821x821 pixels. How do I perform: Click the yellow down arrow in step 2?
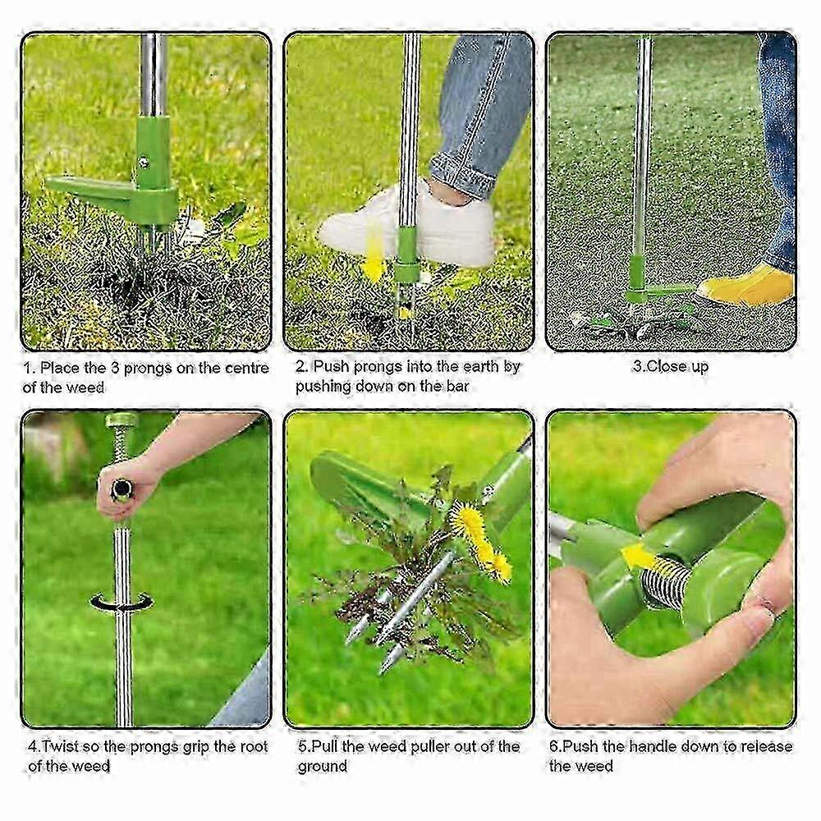[x=374, y=250]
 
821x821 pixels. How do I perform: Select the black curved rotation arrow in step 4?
[x=122, y=602]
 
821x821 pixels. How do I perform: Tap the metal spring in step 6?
[x=666, y=580]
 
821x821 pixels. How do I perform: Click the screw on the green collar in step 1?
[x=142, y=163]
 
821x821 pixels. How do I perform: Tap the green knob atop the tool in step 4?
[x=121, y=420]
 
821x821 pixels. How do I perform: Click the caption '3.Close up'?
[x=670, y=366]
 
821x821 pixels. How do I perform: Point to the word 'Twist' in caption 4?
[x=58, y=746]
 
